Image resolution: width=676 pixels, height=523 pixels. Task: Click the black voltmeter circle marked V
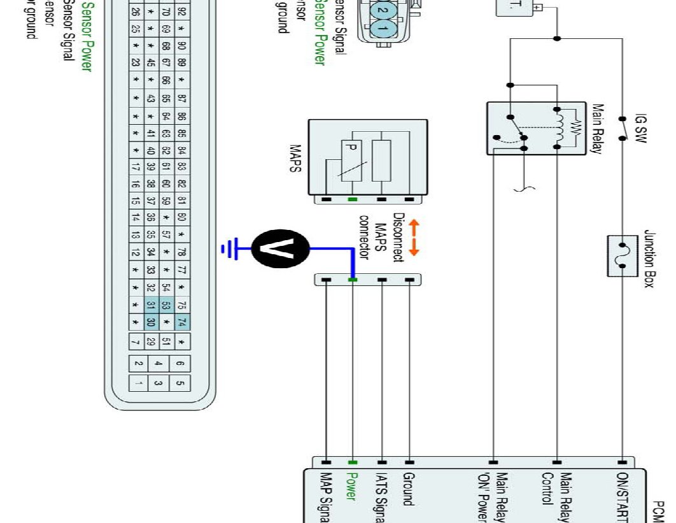pyautogui.click(x=281, y=248)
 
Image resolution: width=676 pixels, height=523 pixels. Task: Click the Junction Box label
pyautogui.click(x=649, y=259)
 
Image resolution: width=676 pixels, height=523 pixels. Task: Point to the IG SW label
pyautogui.click(x=640, y=129)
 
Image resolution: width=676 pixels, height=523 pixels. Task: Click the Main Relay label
pyautogui.click(x=598, y=129)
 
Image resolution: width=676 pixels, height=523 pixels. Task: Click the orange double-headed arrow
pyautogui.click(x=414, y=238)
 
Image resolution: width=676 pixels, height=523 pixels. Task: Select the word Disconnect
pyautogui.click(x=398, y=238)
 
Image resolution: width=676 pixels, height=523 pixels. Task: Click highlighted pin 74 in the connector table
pyautogui.click(x=182, y=322)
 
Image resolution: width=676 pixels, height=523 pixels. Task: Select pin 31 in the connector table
pyautogui.click(x=151, y=306)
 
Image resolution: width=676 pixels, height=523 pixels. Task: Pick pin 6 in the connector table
pyautogui.click(x=180, y=364)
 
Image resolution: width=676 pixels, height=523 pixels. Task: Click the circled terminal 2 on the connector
pyautogui.click(x=381, y=10)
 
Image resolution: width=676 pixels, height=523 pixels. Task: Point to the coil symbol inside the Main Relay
pyautogui.click(x=560, y=128)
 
